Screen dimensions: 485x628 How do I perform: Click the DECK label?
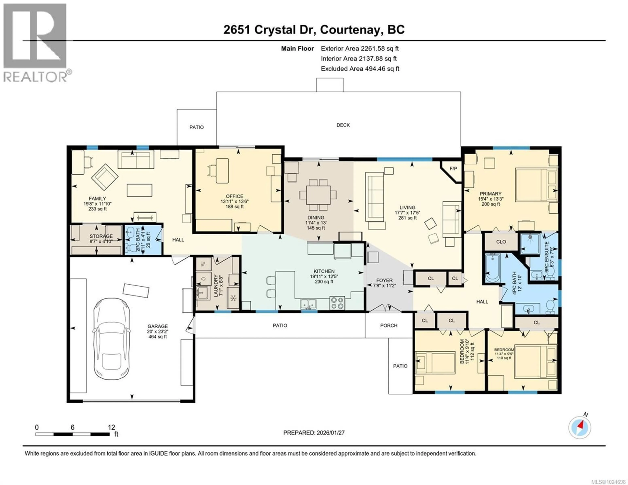tap(343, 125)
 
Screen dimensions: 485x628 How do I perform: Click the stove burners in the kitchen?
tap(337, 303)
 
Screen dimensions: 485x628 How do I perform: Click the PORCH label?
tap(389, 325)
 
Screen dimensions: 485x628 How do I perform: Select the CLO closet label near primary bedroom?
tap(501, 242)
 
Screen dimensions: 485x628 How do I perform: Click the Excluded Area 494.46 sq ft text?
tap(360, 69)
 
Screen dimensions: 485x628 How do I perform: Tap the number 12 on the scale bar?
tap(111, 427)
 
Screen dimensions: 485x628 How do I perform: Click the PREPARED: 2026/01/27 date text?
tap(314, 433)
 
